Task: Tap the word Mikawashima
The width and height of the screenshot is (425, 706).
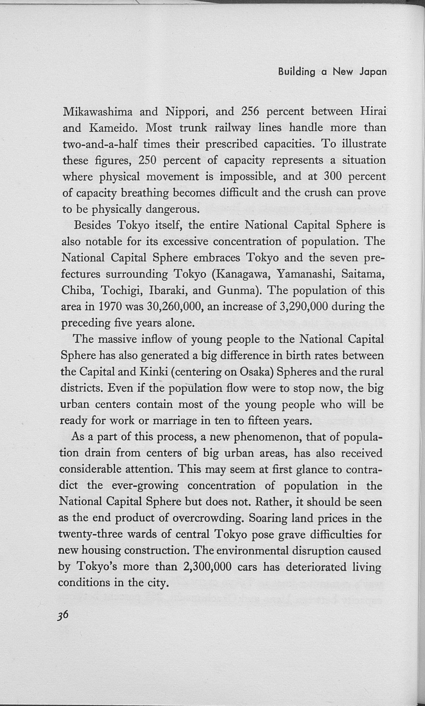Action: (97, 111)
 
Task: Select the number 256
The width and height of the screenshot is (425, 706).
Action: (250, 111)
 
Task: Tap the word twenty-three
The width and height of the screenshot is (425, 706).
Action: (90, 535)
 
